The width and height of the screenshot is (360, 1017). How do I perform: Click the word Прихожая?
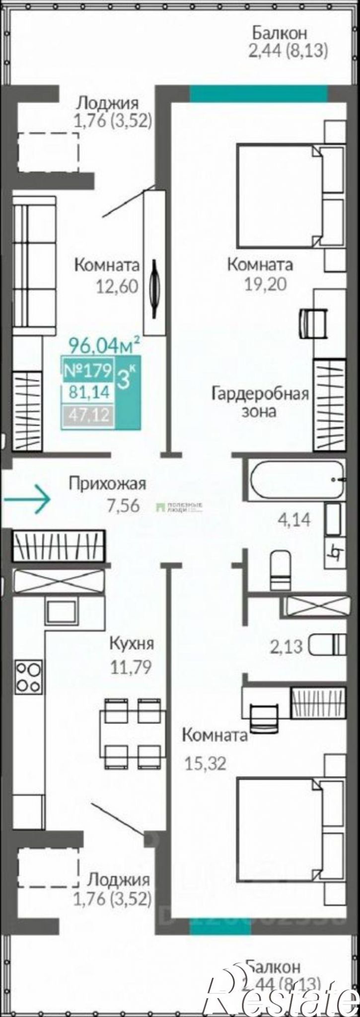108,483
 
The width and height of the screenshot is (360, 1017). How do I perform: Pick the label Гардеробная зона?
260,402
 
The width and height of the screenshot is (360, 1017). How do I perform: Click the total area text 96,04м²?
104,344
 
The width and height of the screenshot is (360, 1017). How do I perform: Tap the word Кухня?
132,644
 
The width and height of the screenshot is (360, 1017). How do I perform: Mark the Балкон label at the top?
280,33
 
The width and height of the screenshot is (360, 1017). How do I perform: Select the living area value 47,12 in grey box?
88,414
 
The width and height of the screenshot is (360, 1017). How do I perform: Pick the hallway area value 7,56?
123,505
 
